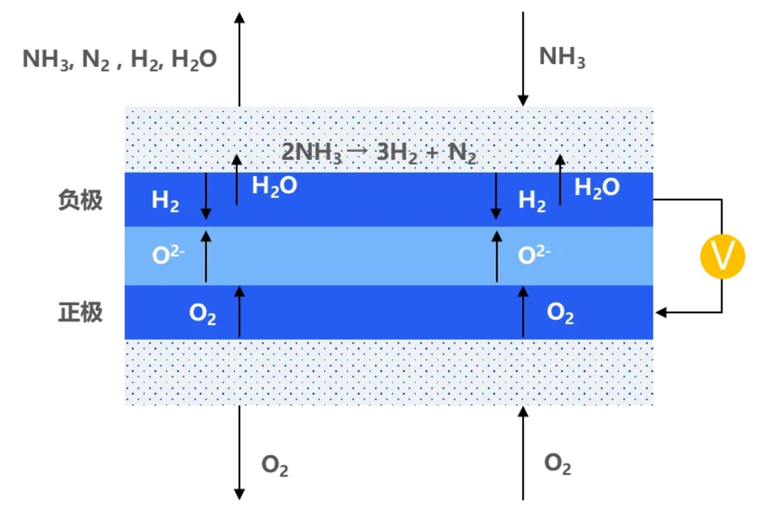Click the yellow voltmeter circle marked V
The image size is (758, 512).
coord(722,256)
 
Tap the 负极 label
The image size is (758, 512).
coord(80,200)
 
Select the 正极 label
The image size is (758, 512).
coord(80,312)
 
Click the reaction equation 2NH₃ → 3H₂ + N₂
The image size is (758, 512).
coord(378,153)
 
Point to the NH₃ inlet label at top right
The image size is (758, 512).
coord(562,57)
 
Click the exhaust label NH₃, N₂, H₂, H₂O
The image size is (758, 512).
coord(119,59)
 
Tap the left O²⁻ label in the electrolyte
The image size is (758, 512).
coord(167,255)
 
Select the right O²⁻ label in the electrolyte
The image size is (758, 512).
coord(534,255)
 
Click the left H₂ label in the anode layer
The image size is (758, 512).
coord(165,201)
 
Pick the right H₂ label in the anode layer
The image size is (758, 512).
coord(532,201)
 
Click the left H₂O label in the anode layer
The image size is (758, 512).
coord(274,186)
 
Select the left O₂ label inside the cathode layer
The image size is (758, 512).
coord(202,314)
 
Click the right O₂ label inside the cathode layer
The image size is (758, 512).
coord(560,313)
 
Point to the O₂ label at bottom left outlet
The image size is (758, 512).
coord(274,465)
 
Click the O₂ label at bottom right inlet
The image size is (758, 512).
coord(557,464)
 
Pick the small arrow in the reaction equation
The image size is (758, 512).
coord(358,150)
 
